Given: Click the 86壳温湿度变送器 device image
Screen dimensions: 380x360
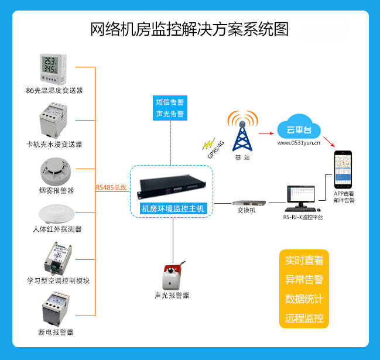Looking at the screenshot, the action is click(x=53, y=69).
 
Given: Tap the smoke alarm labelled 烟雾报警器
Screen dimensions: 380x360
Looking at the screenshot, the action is click(x=56, y=172).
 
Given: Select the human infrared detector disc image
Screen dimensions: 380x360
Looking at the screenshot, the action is click(x=57, y=214).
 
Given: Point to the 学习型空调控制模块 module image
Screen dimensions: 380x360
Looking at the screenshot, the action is click(x=58, y=258).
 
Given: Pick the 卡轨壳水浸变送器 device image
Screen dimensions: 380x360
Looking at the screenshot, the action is click(x=53, y=120).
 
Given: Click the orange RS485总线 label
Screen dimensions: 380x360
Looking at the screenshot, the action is click(x=111, y=187).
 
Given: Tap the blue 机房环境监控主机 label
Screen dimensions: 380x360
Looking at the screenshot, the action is click(x=173, y=208).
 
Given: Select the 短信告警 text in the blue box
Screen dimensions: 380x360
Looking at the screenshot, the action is click(x=170, y=102).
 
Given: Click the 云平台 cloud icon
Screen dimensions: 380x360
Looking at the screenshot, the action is click(x=299, y=126).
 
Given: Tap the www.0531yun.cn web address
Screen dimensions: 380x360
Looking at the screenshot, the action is click(x=299, y=143).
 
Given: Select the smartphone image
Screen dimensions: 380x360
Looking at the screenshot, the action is click(x=343, y=170).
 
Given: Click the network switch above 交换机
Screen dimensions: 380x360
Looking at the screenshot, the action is click(x=249, y=203).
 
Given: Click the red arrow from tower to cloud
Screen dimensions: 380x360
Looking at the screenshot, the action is click(x=266, y=133).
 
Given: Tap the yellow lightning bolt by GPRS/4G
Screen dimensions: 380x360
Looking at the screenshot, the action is click(x=208, y=143).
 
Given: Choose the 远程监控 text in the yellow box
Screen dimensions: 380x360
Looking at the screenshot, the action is click(x=304, y=318).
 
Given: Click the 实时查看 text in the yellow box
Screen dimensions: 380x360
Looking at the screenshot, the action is click(x=304, y=260).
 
